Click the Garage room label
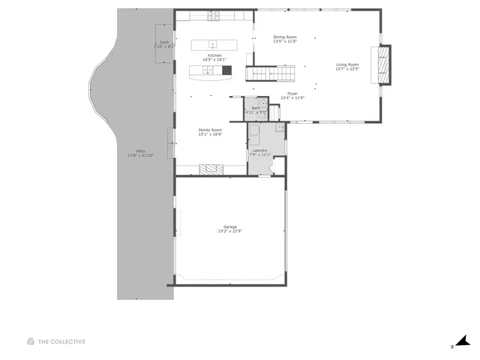(229, 226)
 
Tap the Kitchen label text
(214, 55)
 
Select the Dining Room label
(284, 37)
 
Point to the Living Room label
(346, 64)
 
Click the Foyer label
(292, 94)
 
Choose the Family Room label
(210, 130)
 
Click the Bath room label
(256, 108)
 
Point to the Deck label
(163, 42)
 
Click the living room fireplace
(384, 65)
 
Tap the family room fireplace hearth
(211, 169)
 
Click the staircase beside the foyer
(262, 73)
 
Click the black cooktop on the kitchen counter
(226, 70)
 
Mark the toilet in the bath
(263, 103)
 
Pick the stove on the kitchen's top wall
(214, 16)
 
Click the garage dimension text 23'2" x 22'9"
(229, 231)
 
